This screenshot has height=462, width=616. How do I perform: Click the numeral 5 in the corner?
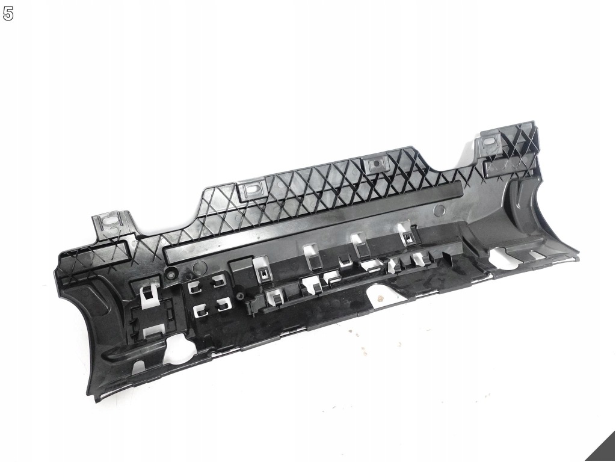click(8, 14)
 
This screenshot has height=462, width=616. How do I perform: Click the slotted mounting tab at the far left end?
click(112, 225)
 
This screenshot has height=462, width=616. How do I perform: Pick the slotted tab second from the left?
click(252, 190)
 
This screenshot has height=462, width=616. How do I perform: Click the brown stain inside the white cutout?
click(380, 298)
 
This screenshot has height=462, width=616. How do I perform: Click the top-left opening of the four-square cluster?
click(193, 288)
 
